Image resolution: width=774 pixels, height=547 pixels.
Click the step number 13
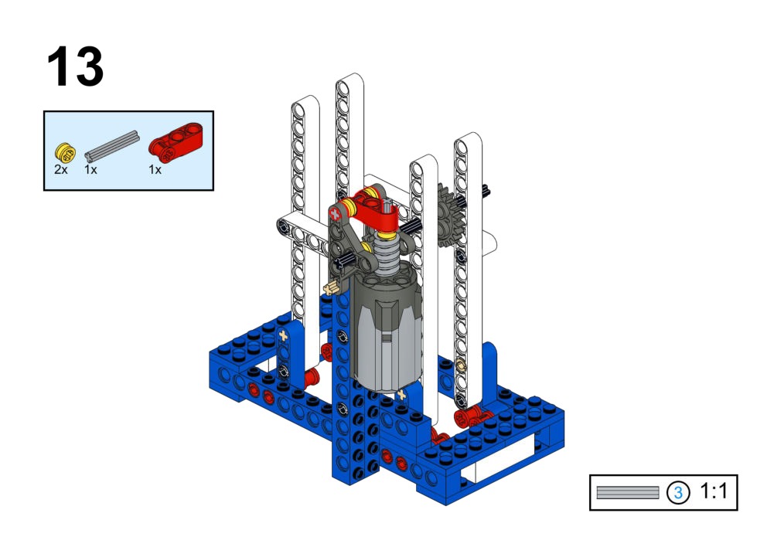75,66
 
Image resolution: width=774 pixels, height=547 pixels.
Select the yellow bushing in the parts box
65,152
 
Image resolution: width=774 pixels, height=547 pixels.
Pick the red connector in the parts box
176,142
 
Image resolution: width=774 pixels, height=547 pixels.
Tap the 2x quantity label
61,170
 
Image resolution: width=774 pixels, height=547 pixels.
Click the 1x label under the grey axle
90,170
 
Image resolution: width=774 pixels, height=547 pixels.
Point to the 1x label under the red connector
155,170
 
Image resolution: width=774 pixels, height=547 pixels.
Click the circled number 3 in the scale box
678,492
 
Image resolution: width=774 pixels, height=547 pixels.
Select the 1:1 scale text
714,491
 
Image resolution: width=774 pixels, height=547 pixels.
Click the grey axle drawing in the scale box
627,492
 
